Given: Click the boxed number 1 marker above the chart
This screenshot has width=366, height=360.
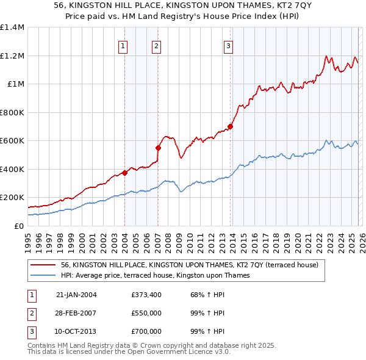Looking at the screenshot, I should tap(123, 45).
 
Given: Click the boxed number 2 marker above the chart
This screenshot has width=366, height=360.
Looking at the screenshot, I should tap(156, 45).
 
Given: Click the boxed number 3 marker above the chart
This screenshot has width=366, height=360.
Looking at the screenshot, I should tap(228, 45).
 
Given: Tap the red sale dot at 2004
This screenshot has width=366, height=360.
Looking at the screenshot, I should tap(124, 173).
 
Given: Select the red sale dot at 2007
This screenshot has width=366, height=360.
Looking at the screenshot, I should tap(158, 148).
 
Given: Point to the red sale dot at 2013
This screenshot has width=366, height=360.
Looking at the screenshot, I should tap(230, 127).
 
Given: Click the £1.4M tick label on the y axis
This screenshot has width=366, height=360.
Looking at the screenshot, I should tap(12, 27).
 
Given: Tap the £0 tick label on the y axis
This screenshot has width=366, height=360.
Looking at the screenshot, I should tap(20, 226).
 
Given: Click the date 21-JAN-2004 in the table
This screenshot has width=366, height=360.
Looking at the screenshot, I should tap(76, 295).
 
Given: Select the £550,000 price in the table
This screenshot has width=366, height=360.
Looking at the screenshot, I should tap(146, 314).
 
